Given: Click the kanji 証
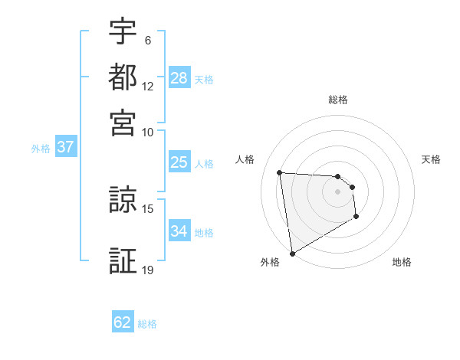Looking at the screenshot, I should click(123, 260).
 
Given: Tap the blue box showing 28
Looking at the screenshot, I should click(179, 78).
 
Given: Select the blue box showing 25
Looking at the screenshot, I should click(179, 162).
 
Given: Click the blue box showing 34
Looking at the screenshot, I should click(179, 231).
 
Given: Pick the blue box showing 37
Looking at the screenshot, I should click(65, 148).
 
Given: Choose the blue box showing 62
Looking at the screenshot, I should click(123, 322).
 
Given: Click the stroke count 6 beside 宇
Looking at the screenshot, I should click(147, 40).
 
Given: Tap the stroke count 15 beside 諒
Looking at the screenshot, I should click(148, 208).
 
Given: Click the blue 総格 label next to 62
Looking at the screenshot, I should click(147, 324).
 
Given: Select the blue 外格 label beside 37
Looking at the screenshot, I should click(41, 149).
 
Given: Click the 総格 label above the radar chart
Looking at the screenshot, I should click(338, 100).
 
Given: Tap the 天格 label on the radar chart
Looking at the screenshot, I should click(431, 159).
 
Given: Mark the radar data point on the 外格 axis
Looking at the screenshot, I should click(292, 253).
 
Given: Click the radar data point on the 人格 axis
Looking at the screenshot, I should click(280, 172).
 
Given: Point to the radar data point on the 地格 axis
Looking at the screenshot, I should click(356, 218).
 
